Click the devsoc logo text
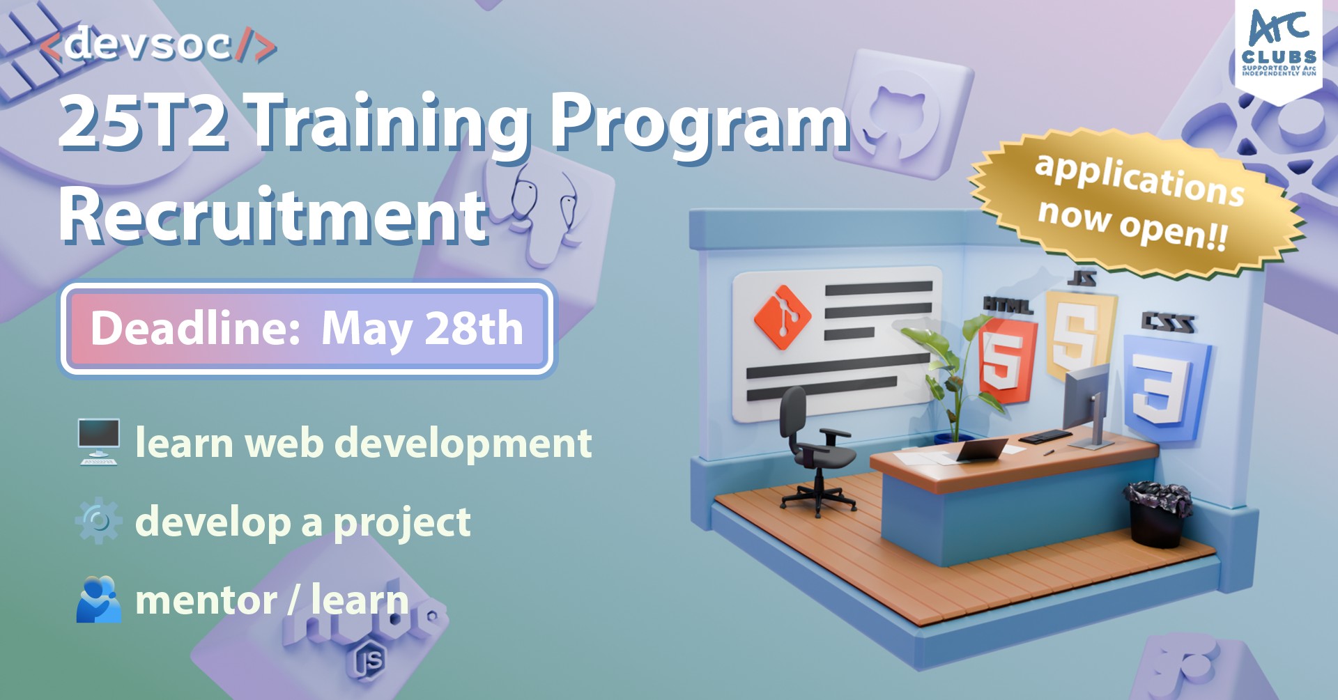157,45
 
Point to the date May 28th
422,328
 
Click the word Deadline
195,328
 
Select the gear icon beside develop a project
98,521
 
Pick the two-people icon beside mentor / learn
98,600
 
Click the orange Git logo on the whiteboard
783,317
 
